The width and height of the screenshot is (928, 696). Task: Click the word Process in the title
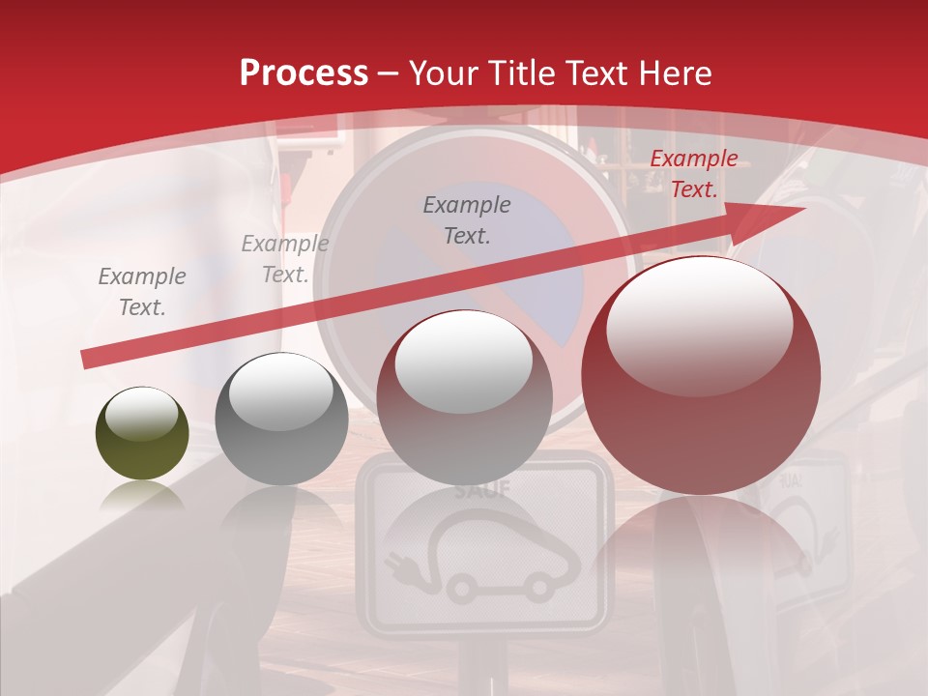(x=304, y=73)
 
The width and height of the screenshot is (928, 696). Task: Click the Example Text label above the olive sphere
(x=142, y=291)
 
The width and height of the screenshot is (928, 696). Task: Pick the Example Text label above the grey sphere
(x=284, y=258)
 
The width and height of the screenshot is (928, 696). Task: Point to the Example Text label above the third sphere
(x=467, y=219)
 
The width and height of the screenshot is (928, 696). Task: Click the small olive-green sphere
(x=142, y=433)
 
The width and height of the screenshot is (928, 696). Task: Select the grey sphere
(x=281, y=420)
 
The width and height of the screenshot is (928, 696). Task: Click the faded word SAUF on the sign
(x=482, y=489)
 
